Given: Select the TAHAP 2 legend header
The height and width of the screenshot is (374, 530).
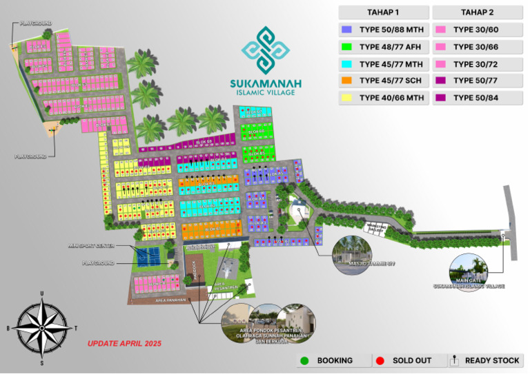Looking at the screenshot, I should [476, 12].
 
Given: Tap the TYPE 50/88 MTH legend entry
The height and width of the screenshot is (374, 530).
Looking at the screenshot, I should [382, 30].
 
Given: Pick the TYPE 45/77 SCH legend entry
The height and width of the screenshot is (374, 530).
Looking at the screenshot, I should [382, 81].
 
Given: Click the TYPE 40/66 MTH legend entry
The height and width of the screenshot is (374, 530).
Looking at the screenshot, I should [382, 98].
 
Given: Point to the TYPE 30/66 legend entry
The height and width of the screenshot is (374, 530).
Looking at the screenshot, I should [476, 47].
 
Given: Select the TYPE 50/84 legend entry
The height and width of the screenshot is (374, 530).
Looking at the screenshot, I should [476, 98].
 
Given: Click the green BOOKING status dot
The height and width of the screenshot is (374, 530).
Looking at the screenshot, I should [305, 360].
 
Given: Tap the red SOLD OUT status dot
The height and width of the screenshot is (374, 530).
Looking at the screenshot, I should [380, 360].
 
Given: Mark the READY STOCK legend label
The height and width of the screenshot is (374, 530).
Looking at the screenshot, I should [492, 360].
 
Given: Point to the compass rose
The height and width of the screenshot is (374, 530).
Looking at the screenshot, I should [42, 327].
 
